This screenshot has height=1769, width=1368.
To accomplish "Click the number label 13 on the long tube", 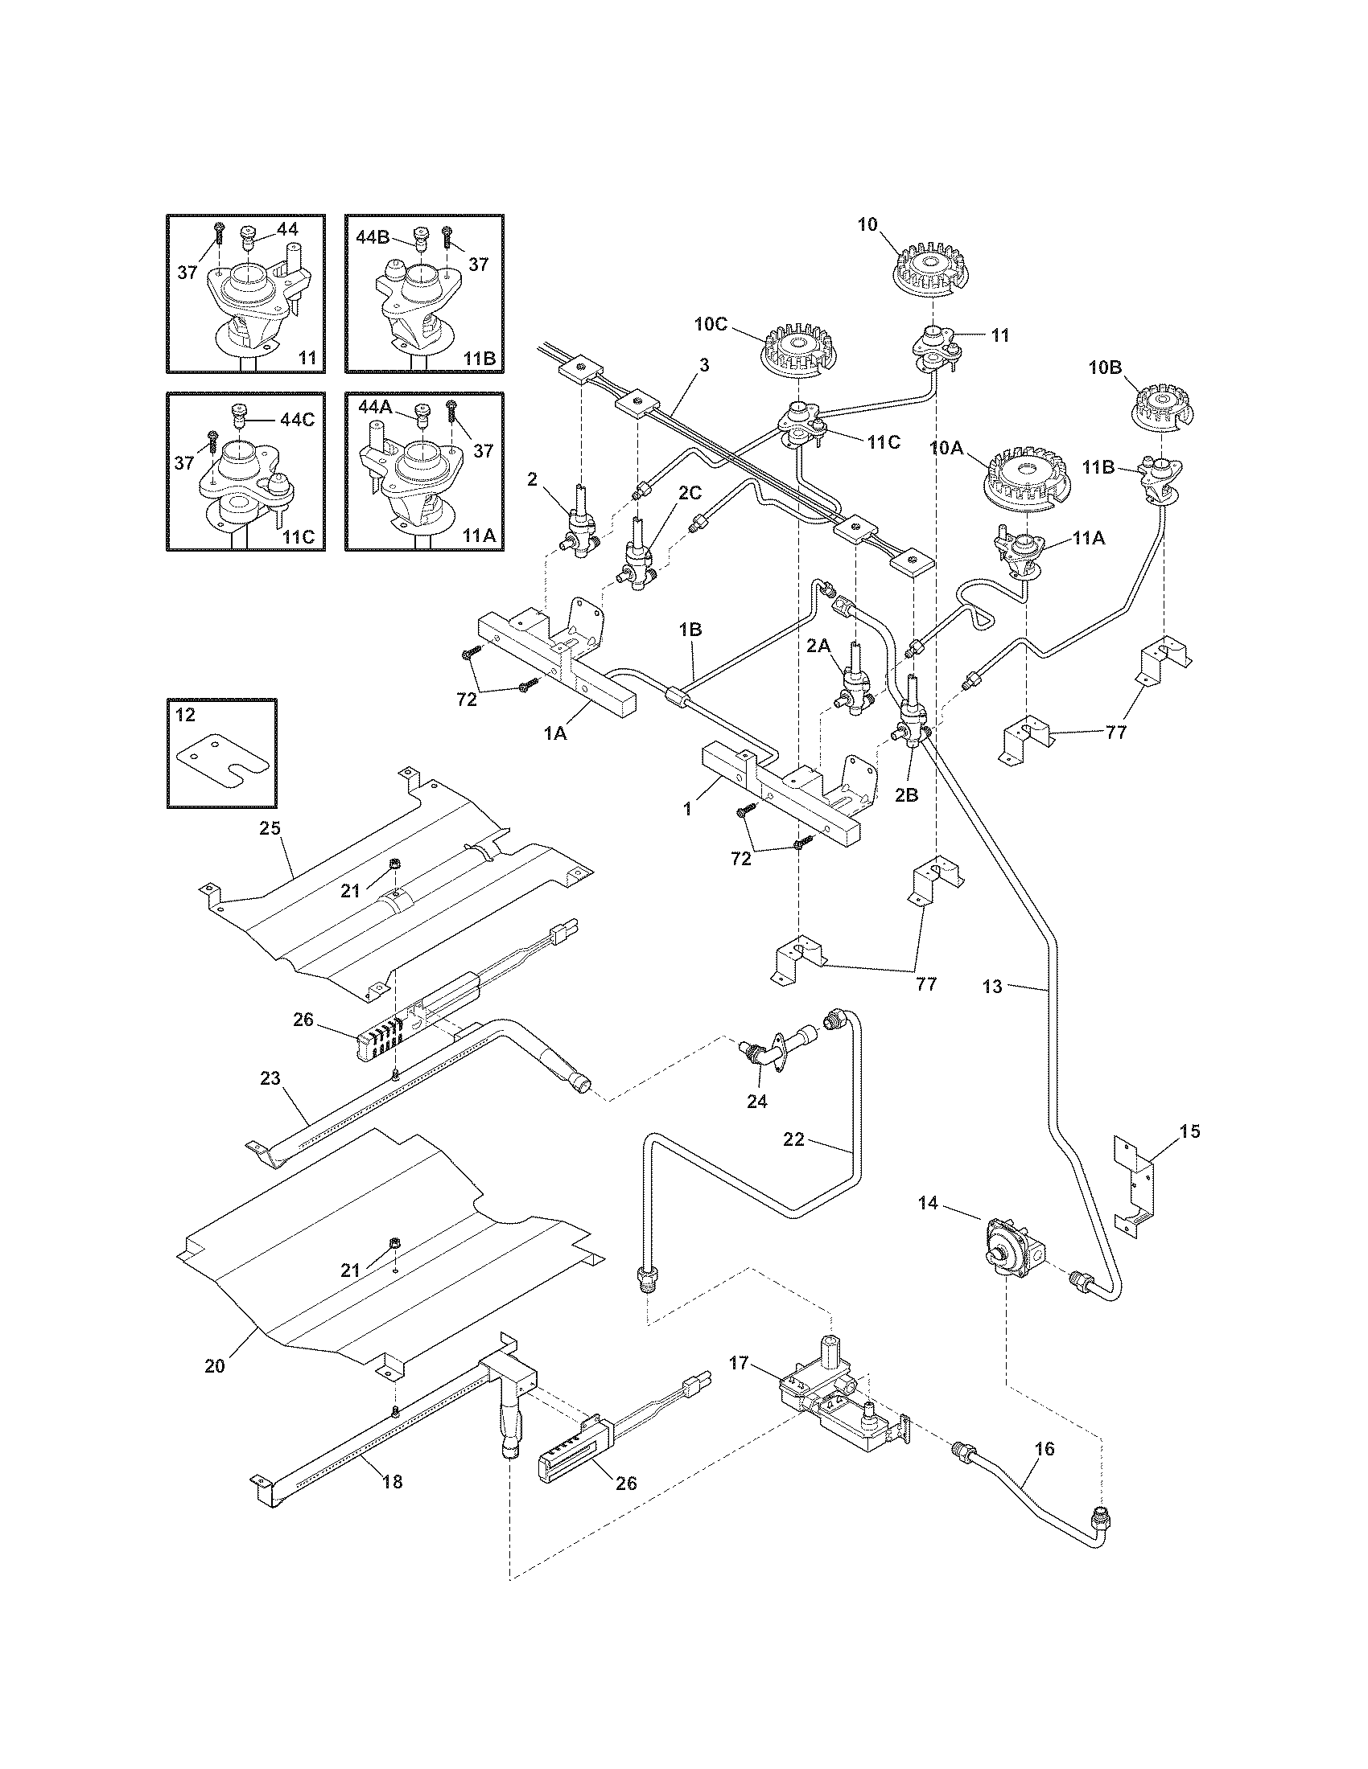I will (992, 986).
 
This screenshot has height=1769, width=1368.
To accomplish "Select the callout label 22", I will (793, 1139).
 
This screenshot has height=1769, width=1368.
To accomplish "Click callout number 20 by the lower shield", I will (214, 1365).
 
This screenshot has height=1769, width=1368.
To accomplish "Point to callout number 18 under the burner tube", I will (392, 1481).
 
